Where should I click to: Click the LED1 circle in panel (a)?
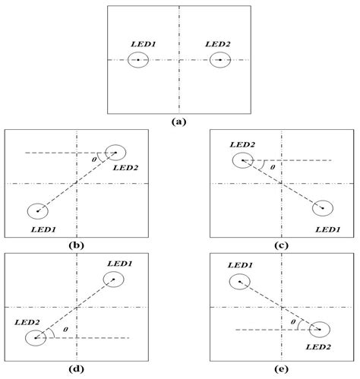click(138, 59)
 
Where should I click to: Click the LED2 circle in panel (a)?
click(220, 59)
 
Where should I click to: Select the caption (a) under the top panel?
click(179, 120)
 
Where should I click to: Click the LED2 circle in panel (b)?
click(116, 153)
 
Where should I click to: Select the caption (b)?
click(77, 245)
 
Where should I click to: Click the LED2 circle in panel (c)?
click(242, 160)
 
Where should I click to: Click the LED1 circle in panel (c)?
click(323, 208)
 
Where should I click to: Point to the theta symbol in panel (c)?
click(272, 167)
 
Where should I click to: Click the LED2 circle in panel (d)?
click(35, 336)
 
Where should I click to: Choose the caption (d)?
click(77, 371)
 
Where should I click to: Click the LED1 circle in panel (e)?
click(239, 282)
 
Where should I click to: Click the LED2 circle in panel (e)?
click(319, 330)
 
